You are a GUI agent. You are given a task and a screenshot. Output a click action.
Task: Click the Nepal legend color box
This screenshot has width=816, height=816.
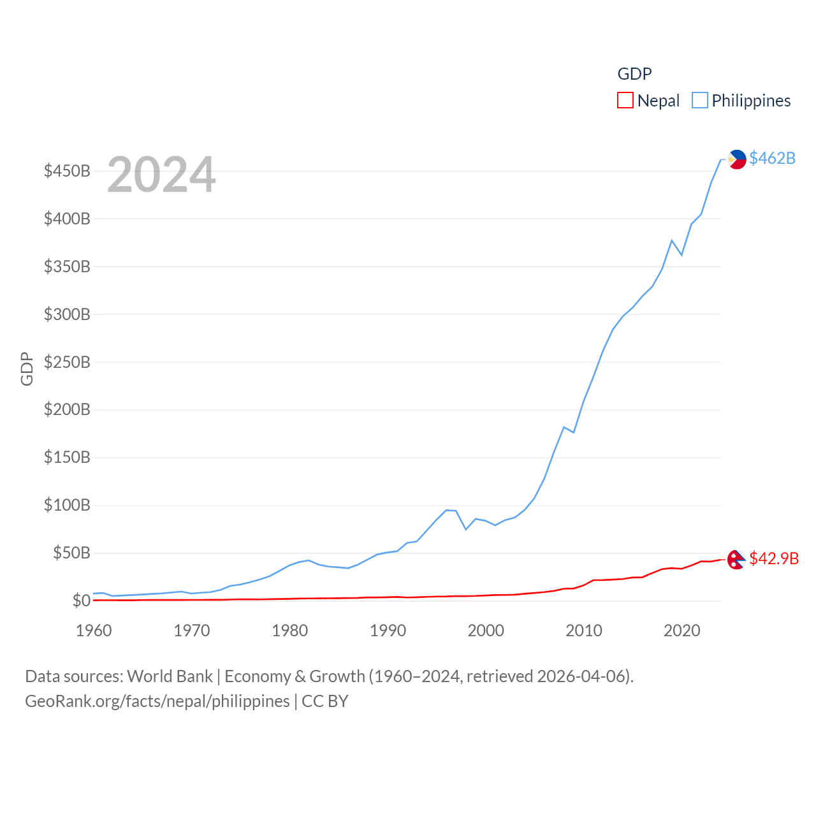coord(625,101)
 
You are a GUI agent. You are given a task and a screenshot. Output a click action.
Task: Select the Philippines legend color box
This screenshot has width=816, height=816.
coord(700,101)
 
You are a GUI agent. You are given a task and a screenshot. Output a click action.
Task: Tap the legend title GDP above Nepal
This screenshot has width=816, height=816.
coord(634,74)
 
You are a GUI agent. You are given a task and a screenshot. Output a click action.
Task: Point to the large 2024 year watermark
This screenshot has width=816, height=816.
coord(161,175)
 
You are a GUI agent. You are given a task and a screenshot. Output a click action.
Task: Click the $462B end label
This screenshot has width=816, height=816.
coord(772,158)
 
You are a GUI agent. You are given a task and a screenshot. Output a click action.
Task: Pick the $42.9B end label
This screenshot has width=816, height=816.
coord(774,558)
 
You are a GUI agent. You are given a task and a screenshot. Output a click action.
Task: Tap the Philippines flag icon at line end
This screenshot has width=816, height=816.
coord(737,159)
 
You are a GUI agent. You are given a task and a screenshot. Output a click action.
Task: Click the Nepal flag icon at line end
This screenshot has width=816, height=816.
coord(736,559)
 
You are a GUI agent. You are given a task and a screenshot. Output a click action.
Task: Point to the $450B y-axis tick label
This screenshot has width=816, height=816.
coord(67,171)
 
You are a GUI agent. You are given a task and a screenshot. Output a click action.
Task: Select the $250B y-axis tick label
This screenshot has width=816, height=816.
coord(67,362)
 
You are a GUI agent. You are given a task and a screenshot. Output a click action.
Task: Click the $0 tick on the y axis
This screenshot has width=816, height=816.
coord(81,601)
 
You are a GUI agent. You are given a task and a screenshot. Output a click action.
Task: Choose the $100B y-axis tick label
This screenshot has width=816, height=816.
coord(67,506)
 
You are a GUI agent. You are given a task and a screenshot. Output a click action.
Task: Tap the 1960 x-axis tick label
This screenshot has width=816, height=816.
coord(94,630)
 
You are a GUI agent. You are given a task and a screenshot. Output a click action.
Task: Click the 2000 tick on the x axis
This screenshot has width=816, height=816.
coord(486,630)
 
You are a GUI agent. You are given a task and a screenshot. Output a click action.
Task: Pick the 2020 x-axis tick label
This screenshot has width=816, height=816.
coord(682,630)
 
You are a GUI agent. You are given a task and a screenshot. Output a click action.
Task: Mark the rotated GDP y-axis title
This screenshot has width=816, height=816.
coord(27,368)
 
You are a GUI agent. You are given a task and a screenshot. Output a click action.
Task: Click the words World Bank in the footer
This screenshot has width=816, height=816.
coord(170,676)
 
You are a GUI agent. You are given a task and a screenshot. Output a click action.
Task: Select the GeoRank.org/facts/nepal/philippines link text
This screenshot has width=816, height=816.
coord(157,701)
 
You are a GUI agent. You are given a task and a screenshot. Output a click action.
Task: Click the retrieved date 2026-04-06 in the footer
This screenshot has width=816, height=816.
coord(583,676)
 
